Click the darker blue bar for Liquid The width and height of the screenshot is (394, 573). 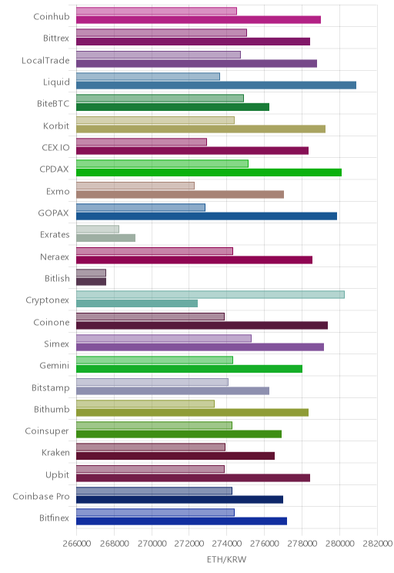click(x=216, y=85)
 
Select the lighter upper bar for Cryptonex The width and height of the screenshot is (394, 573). click(x=210, y=294)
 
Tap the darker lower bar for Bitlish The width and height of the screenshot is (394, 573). click(x=91, y=281)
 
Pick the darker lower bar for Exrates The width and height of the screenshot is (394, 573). click(x=105, y=238)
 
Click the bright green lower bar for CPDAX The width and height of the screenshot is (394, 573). click(x=209, y=173)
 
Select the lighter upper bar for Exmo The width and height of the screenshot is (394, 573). click(x=135, y=186)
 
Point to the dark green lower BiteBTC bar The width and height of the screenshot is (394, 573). click(x=172, y=107)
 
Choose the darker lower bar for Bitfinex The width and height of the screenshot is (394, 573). click(x=182, y=521)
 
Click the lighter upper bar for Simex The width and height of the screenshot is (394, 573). click(x=164, y=338)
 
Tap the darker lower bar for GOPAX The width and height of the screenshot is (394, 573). click(x=206, y=216)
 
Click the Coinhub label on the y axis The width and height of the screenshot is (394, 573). click(x=51, y=16)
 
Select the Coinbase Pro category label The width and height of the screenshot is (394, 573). click(x=41, y=496)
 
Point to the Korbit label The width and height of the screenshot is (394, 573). click(x=56, y=126)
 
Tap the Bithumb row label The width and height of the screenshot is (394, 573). click(x=52, y=409)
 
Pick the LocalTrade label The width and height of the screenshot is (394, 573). click(x=45, y=60)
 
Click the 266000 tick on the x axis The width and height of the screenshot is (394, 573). click(x=77, y=544)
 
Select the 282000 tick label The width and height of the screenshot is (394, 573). click(x=377, y=544)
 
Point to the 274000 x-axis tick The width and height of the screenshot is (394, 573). click(x=227, y=544)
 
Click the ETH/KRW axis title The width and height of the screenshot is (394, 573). click(x=227, y=559)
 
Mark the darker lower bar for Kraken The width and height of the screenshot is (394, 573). click(x=175, y=456)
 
